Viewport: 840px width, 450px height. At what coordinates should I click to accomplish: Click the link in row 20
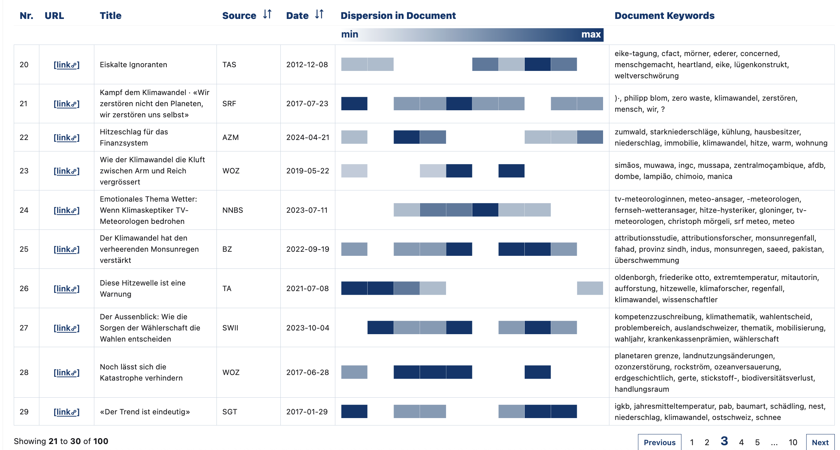[x=66, y=65]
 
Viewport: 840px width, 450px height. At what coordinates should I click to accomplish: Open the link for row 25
[x=66, y=249]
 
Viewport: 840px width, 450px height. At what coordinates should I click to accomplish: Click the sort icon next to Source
[x=267, y=14]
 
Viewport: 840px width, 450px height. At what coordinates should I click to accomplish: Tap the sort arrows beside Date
[x=319, y=14]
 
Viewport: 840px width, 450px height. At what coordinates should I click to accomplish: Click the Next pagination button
[x=820, y=442]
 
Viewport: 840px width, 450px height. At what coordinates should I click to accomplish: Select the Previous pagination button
[x=660, y=442]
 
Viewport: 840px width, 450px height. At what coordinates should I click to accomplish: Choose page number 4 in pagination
[x=741, y=442]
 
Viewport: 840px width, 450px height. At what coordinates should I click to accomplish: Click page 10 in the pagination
[x=793, y=442]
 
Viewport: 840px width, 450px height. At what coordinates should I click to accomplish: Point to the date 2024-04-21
[x=307, y=137]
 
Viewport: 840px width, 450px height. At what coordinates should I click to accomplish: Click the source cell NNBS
[x=232, y=210]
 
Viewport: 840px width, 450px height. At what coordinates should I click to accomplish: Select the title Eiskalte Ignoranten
[x=133, y=65]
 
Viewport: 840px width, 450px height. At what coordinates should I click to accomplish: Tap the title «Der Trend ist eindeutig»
[x=145, y=412]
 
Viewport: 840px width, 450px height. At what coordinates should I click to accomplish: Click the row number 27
[x=24, y=328]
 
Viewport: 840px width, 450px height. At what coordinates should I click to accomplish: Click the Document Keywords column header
[x=664, y=16]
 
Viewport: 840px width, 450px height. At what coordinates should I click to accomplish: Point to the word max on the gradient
[x=591, y=35]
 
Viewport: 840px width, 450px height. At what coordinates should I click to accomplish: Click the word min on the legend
[x=349, y=35]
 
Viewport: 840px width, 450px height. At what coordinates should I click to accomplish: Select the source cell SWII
[x=230, y=328]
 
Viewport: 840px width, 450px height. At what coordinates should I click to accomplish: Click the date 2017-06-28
[x=307, y=372]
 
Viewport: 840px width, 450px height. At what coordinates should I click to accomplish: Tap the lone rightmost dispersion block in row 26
[x=590, y=288]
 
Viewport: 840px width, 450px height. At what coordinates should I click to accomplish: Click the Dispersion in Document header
[x=398, y=16]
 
